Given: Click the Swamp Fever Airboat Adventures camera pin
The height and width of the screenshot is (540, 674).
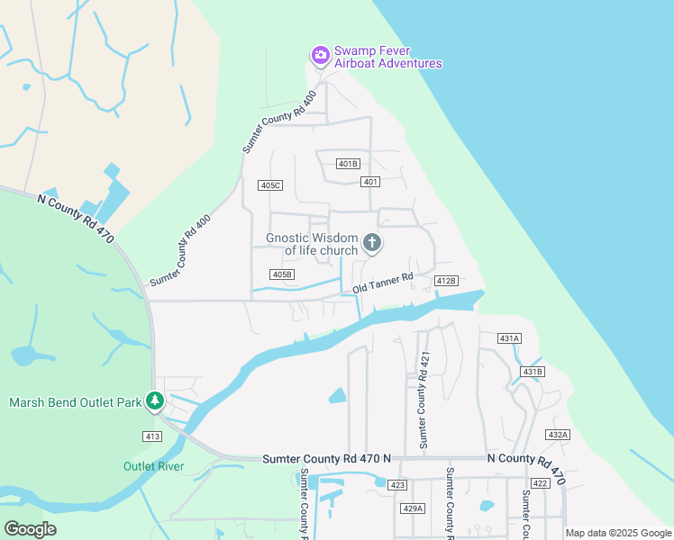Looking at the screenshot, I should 320,56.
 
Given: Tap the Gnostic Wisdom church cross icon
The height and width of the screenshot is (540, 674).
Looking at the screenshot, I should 371,242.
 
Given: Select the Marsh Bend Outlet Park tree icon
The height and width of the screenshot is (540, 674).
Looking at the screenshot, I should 155,400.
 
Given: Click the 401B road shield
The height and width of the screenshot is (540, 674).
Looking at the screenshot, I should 348,164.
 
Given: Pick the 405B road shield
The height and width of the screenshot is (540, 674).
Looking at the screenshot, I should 282,274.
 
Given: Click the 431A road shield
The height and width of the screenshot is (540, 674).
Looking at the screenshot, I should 509,337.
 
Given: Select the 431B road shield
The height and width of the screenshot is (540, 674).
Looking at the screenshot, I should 533,372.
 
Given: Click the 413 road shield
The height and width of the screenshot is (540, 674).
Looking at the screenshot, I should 151,436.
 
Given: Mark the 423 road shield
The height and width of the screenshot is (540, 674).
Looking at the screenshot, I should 397,485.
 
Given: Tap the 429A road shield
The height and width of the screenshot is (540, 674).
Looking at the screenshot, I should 412,508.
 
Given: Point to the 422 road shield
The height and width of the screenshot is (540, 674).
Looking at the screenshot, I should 540,483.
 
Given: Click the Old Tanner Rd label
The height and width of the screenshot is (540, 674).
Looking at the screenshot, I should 382,283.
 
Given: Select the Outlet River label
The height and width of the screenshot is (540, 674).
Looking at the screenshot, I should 153,466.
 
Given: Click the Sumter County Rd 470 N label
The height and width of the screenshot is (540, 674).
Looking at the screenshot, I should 326,459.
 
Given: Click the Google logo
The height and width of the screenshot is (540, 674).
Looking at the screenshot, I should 30,529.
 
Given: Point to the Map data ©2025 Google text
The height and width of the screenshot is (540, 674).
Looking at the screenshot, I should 619,533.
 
